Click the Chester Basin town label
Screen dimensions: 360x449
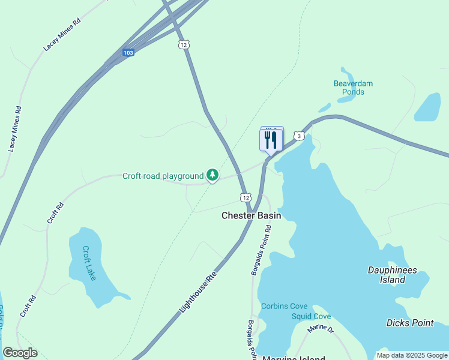point(252,215)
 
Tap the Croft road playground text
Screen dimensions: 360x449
point(163,176)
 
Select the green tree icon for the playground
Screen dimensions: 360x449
point(212,175)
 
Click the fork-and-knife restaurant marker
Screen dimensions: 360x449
point(271,140)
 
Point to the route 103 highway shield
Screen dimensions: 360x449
point(127,53)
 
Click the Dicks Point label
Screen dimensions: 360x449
point(410,323)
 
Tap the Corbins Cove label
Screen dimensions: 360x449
point(284,307)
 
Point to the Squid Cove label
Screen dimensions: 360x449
point(311,316)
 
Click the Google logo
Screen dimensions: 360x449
point(20,353)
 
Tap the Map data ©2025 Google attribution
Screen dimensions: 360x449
point(412,355)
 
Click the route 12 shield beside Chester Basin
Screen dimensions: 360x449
point(246,197)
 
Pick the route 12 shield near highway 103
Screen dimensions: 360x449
point(184,45)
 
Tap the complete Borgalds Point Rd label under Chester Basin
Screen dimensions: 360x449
point(261,251)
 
